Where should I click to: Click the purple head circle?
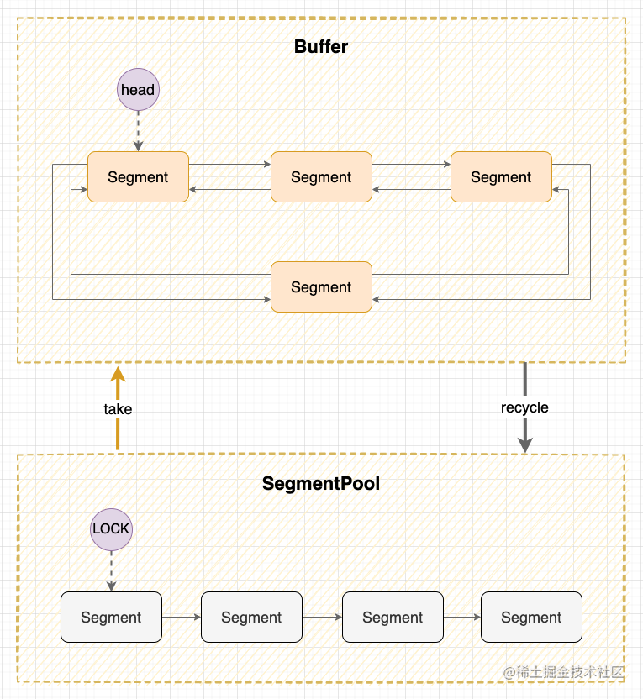click(x=138, y=90)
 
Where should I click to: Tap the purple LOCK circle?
click(x=112, y=529)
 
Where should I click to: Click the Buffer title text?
click(x=321, y=47)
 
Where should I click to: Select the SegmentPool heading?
click(x=321, y=484)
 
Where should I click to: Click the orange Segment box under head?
click(x=138, y=177)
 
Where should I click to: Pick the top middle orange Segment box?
click(x=321, y=177)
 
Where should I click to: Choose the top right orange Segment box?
click(x=501, y=177)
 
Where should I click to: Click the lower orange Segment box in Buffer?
click(x=321, y=287)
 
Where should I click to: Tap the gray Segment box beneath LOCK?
click(x=112, y=617)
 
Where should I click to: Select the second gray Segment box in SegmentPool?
click(x=251, y=617)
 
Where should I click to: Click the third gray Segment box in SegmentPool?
click(x=393, y=617)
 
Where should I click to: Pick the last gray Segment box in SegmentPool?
click(x=531, y=617)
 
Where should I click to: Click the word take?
click(x=118, y=409)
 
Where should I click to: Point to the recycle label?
click(x=524, y=407)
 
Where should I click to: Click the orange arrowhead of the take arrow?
click(x=118, y=375)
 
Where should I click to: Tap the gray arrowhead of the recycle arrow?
click(x=525, y=445)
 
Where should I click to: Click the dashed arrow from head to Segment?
click(x=138, y=131)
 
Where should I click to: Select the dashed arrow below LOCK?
click(x=112, y=571)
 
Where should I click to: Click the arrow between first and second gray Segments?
click(x=182, y=617)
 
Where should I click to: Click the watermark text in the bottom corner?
click(x=564, y=672)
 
